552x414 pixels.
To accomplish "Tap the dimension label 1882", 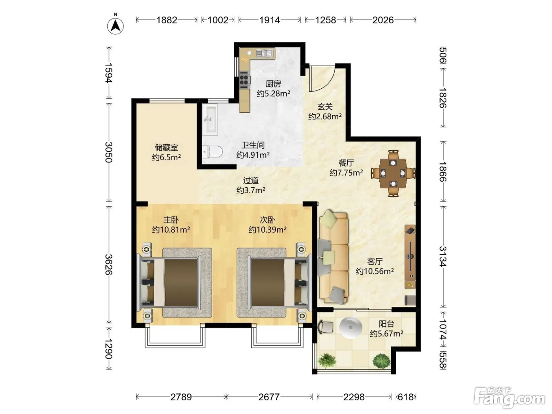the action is click(x=167, y=20).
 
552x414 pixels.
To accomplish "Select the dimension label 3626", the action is click(x=109, y=265).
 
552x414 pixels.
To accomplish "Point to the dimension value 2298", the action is click(x=354, y=397).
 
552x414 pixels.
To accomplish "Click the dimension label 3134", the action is click(x=443, y=256).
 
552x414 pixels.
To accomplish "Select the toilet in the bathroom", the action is click(x=212, y=152).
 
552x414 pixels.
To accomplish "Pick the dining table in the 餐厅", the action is click(x=393, y=173).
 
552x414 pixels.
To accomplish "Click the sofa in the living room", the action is click(x=334, y=257).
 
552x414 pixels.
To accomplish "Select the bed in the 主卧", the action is click(x=174, y=283).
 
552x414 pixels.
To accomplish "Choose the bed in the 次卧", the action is click(x=274, y=283).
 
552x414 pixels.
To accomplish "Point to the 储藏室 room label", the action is click(x=166, y=147).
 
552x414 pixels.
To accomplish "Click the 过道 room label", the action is click(x=251, y=181).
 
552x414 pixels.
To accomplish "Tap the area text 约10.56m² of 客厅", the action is click(x=375, y=271).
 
